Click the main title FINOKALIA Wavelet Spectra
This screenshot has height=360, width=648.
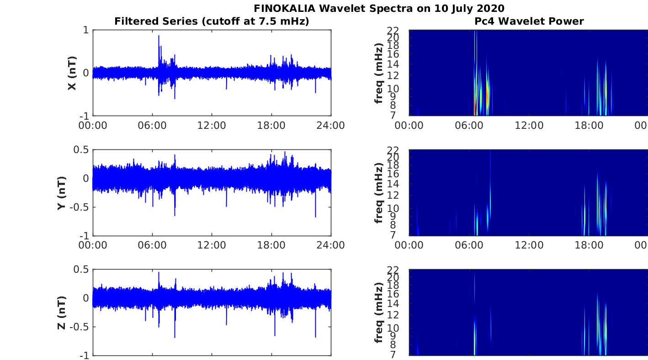379,8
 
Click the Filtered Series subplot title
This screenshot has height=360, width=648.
212,21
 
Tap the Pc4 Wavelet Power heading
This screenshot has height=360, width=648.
529,21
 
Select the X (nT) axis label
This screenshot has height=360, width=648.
72,73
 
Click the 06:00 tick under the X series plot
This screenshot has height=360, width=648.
152,125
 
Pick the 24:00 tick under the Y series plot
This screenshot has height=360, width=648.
330,245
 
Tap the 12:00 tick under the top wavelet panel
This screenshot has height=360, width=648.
529,125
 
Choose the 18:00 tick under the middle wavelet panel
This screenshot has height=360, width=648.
589,245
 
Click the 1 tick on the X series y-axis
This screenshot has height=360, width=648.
85,30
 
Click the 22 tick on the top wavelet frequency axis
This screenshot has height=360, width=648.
401,30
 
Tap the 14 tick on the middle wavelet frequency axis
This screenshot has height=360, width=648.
401,184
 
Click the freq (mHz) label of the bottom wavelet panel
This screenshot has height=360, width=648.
379,313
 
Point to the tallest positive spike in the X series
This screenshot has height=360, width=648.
159,36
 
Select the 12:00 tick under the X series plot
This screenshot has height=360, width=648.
212,125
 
